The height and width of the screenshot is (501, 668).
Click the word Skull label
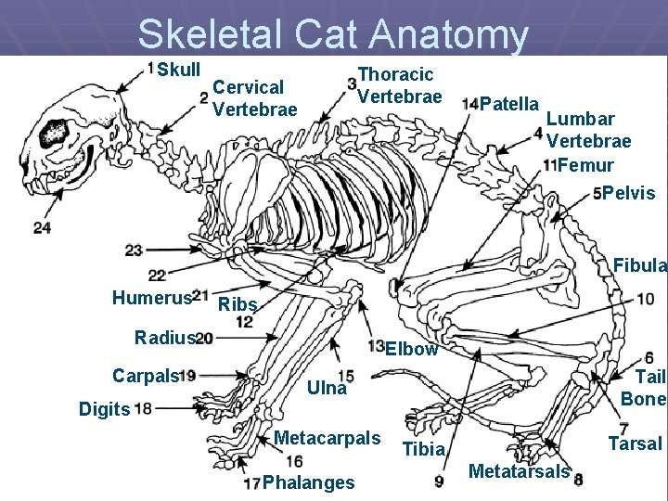(178, 70)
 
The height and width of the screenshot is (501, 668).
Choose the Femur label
(585, 165)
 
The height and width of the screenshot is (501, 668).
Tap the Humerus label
(150, 297)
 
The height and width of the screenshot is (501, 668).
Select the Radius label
(164, 338)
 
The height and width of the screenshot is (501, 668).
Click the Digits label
(104, 408)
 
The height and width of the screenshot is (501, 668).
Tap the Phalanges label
(308, 482)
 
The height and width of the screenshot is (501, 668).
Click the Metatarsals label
(519, 471)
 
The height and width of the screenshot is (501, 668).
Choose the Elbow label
(411, 349)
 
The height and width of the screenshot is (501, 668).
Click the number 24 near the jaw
(41, 227)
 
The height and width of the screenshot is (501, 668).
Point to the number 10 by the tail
(646, 299)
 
